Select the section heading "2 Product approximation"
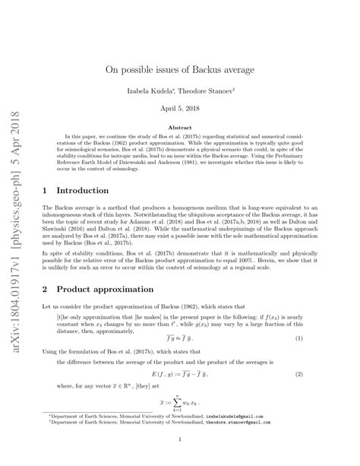[96, 290]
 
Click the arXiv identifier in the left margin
[17, 190]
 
